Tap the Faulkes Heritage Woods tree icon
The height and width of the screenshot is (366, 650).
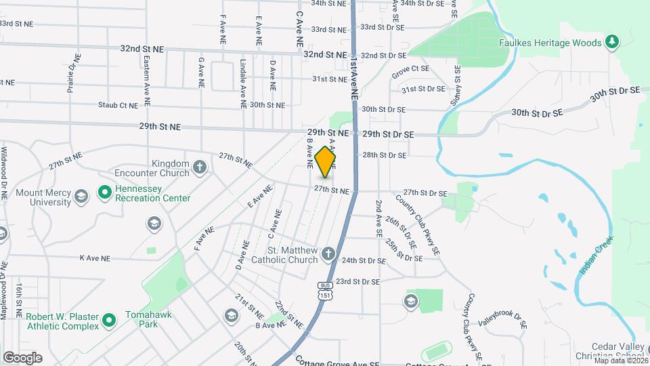[x=612, y=43]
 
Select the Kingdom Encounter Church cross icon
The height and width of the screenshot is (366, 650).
[x=199, y=167]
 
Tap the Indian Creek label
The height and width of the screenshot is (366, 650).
[x=595, y=255]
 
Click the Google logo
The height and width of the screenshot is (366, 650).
[x=22, y=358]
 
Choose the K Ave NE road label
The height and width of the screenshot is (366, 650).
[x=94, y=258]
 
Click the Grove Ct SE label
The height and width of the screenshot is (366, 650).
[x=410, y=68]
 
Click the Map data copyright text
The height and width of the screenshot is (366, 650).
[x=619, y=360]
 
